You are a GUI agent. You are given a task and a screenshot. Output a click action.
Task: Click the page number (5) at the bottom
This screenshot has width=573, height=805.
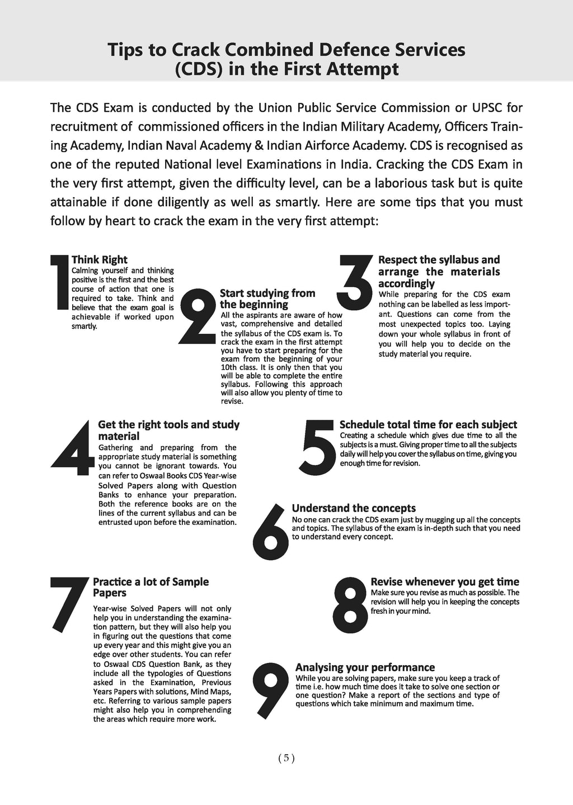[x=286, y=759]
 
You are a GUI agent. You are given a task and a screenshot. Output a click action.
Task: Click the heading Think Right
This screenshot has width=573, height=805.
[x=100, y=259]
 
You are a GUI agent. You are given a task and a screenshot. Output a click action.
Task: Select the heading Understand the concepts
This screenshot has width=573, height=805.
[x=354, y=508]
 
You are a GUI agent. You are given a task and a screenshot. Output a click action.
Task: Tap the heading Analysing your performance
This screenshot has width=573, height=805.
[x=365, y=667]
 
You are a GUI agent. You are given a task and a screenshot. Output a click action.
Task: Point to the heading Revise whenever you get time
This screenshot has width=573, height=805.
[x=445, y=582]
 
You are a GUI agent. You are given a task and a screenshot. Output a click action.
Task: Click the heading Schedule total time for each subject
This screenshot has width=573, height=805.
[x=428, y=425]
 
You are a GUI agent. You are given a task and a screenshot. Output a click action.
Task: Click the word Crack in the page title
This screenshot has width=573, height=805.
[x=194, y=50]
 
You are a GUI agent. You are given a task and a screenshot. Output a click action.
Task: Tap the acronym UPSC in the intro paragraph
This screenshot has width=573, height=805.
[x=479, y=107]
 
